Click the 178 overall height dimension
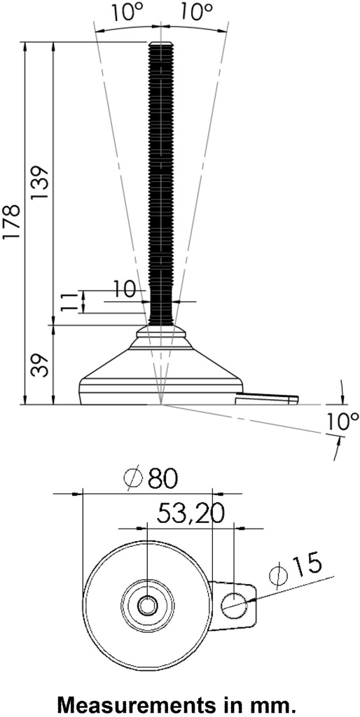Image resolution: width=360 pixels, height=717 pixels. click(13, 223)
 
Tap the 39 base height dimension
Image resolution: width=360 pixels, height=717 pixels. click(40, 365)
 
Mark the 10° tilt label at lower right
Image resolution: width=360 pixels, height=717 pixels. click(342, 422)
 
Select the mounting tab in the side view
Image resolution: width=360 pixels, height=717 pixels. click(266, 399)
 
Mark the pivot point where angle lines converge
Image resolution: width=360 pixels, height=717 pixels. click(161, 404)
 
